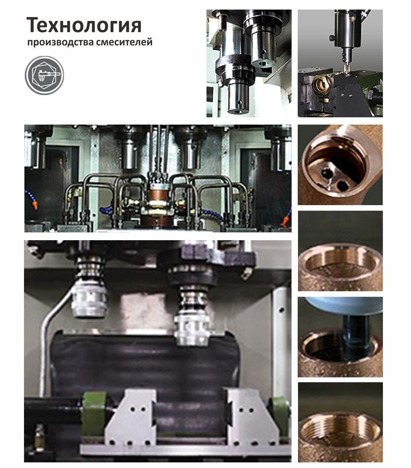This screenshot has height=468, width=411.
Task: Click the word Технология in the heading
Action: click(84, 26)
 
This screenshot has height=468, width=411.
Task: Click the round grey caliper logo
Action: click(45, 75)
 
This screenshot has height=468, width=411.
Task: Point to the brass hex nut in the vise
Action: click(320, 85)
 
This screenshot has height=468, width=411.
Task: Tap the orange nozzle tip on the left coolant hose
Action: click(35, 206)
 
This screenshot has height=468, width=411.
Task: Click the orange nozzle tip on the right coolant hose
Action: click(285, 221)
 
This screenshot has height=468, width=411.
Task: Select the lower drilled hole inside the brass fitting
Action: click(342, 186)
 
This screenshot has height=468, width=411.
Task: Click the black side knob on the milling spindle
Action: click(332, 38)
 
